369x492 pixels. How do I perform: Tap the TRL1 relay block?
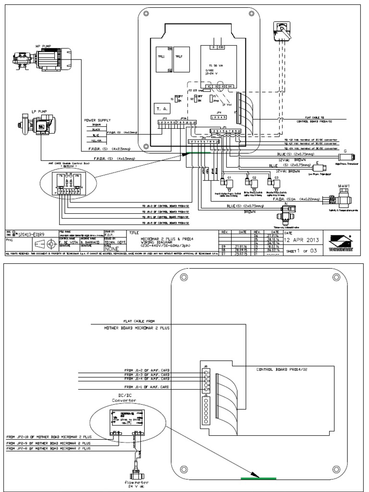click(161, 57)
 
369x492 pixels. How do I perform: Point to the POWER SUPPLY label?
click(98, 120)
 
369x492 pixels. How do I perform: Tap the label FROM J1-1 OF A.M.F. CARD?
click(147, 387)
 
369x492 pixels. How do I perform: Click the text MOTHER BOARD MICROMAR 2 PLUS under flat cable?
click(136, 328)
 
